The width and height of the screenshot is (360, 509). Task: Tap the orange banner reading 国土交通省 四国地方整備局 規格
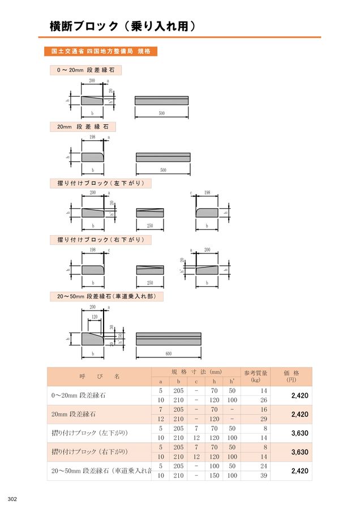[x=100, y=51]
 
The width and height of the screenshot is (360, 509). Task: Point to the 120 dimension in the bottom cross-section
[x=95, y=317]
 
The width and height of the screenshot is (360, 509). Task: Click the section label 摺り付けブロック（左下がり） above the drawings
[x=101, y=183]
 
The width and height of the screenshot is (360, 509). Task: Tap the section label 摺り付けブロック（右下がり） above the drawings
[x=101, y=240]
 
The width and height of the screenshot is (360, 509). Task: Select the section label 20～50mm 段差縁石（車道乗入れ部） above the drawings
[x=106, y=296]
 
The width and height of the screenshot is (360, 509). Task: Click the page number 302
[x=13, y=498]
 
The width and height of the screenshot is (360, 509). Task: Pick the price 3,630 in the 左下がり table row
[x=299, y=433]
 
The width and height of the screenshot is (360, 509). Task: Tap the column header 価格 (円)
[x=291, y=377]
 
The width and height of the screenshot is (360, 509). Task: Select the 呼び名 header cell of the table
[x=99, y=377]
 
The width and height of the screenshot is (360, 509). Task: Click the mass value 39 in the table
[x=263, y=476]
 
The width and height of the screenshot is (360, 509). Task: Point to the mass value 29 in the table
[x=263, y=419]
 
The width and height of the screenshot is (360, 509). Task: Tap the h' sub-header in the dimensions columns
[x=232, y=382]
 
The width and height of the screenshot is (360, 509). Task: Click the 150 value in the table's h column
[x=214, y=476]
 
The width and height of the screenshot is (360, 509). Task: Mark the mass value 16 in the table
[x=263, y=409]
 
